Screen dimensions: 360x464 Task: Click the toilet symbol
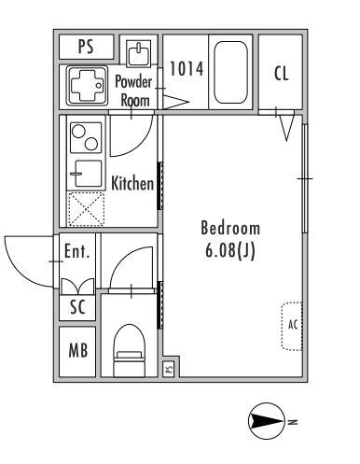130,350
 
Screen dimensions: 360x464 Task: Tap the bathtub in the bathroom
230,72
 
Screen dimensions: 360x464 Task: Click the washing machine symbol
88,85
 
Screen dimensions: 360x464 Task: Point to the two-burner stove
86,137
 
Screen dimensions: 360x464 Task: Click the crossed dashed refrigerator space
86,209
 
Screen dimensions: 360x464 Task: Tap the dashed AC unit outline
292,326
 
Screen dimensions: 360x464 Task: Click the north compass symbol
267,421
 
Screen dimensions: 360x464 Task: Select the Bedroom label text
230,228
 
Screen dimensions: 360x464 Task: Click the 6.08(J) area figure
230,250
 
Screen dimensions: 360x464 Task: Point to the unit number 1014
187,68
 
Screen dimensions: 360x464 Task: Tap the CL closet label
282,74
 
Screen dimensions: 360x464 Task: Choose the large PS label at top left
86,47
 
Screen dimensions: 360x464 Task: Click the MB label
78,350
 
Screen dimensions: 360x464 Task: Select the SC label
77,306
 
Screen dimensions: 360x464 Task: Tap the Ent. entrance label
77,251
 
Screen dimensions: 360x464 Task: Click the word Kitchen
132,183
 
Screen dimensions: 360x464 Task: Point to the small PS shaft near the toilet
169,369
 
